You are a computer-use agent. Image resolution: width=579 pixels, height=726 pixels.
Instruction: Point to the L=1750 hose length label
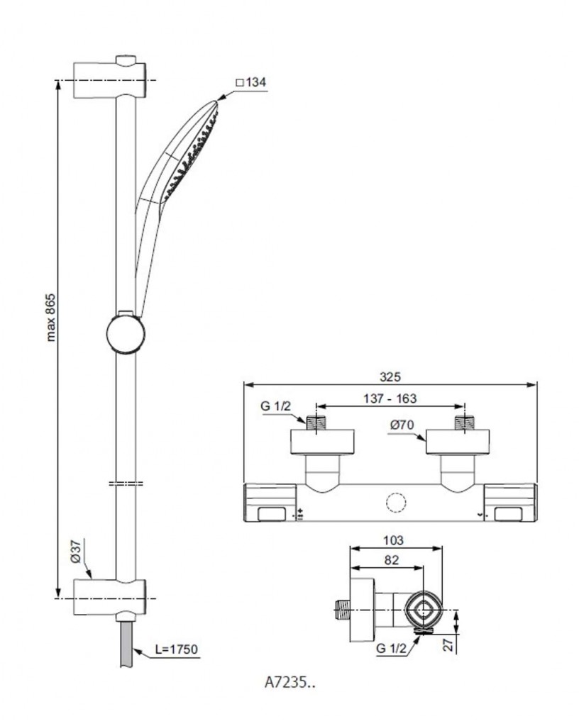click(175, 648)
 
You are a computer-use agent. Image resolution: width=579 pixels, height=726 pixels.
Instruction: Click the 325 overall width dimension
click(390, 377)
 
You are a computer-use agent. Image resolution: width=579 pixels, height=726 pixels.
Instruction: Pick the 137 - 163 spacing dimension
click(390, 398)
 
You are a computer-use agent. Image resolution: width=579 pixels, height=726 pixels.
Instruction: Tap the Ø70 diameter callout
click(401, 426)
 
